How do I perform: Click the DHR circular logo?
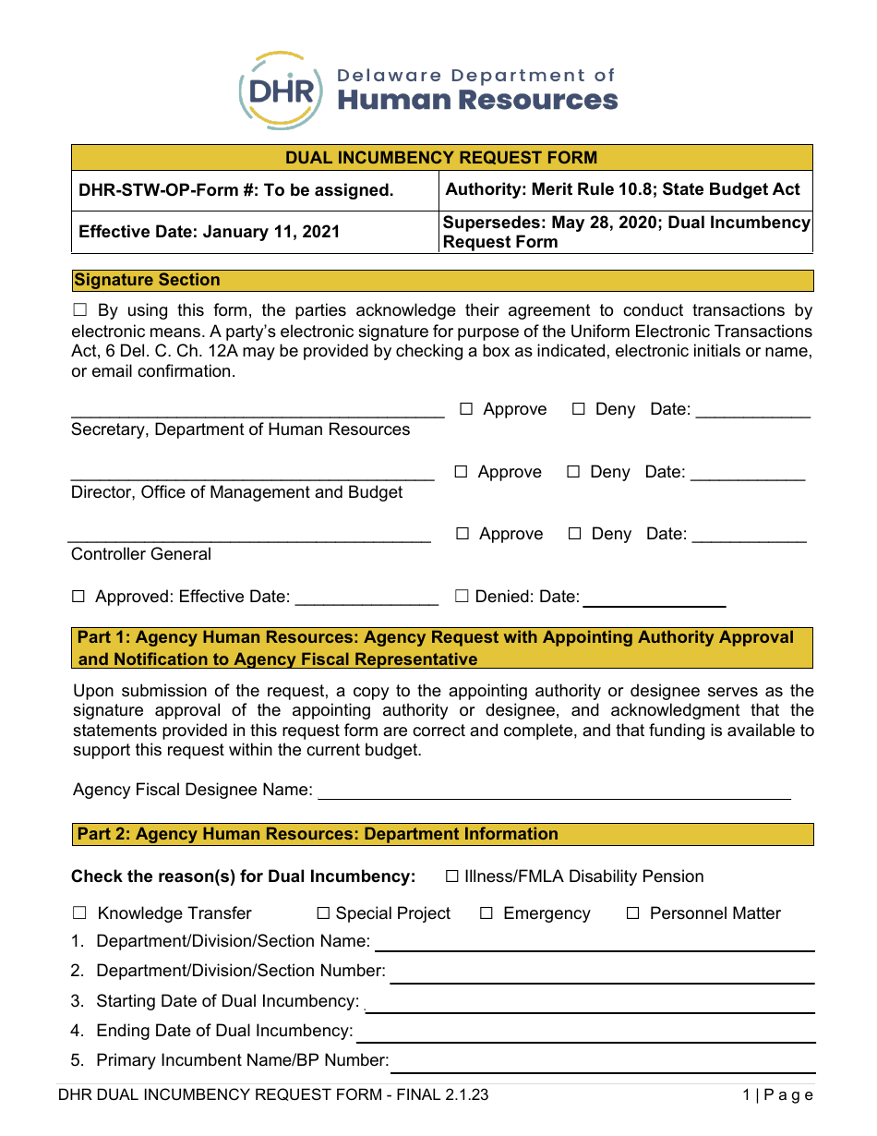tap(282, 91)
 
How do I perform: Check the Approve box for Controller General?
tap(463, 534)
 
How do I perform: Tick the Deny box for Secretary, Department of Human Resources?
tap(579, 409)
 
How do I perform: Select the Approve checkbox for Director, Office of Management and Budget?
tap(462, 472)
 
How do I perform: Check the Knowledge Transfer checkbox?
tap(79, 913)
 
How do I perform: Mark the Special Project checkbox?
tap(323, 913)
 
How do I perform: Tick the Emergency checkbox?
tap(487, 913)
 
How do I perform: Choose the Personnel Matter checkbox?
tap(633, 913)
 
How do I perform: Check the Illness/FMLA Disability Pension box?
tap(452, 876)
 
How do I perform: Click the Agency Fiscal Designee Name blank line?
tap(554, 792)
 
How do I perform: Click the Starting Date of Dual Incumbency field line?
tap(591, 1007)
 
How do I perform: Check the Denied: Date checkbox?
tap(462, 597)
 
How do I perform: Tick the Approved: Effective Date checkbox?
tap(78, 597)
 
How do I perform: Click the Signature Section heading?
tap(148, 280)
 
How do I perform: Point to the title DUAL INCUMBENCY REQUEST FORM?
tap(441, 157)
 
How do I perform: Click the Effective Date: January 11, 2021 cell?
tap(210, 232)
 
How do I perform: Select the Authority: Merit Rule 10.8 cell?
tap(623, 189)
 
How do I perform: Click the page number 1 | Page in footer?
tap(777, 1095)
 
